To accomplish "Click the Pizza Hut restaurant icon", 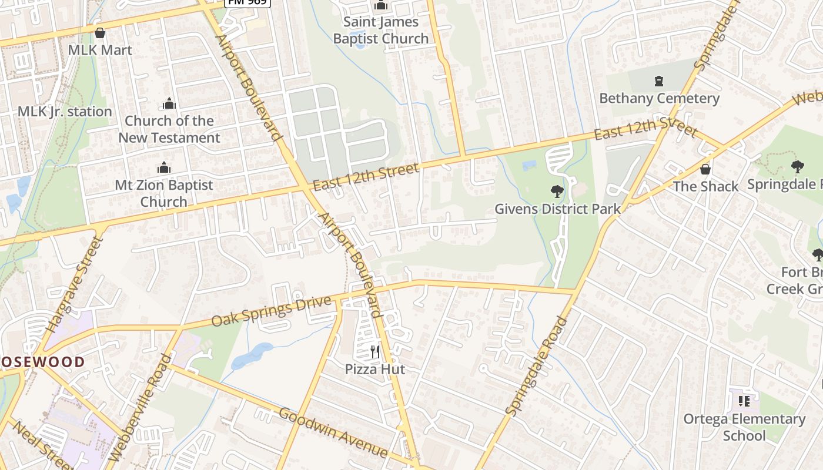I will (x=375, y=352).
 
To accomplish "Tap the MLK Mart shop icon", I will (x=100, y=33).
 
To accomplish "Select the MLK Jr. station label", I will (x=65, y=112).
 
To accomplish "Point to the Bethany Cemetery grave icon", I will (x=659, y=81).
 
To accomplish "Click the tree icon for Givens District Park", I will (x=557, y=192).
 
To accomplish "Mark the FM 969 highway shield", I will (x=247, y=2).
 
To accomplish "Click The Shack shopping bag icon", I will (x=705, y=169).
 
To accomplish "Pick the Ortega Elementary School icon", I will (x=744, y=401).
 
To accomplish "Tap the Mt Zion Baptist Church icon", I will (x=164, y=168).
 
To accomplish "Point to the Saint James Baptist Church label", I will (x=381, y=31).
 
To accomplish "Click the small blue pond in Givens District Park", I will (x=529, y=166).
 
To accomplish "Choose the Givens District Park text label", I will (x=557, y=209).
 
